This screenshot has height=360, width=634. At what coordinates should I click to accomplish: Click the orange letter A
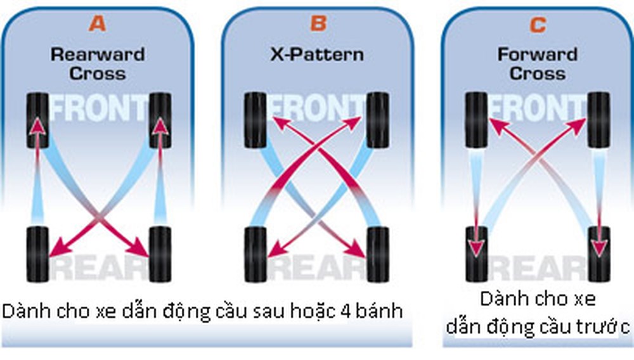pos(98,24)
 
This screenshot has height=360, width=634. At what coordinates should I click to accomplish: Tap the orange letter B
pos(318,24)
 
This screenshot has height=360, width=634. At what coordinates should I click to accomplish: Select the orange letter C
pos(537,25)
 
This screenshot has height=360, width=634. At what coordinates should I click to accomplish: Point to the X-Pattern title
pos(317,54)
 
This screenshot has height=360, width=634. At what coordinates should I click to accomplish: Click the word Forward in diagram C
pos(537,54)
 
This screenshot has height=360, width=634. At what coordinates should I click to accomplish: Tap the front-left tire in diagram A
pos(37,120)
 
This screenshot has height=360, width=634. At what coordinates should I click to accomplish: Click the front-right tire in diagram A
pos(159,120)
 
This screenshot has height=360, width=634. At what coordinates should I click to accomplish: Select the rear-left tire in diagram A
pos(37,254)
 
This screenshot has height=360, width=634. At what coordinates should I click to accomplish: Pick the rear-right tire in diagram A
pos(159,254)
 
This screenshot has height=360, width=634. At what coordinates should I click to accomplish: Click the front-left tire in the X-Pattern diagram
pos(256,120)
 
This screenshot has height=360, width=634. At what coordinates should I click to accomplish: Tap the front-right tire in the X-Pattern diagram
pos(378,120)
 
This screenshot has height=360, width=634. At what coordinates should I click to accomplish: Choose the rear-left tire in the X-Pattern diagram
pos(256,254)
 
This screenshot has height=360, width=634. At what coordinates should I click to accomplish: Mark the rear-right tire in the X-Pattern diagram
pos(378,254)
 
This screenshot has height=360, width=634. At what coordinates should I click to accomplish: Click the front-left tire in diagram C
pos(475,120)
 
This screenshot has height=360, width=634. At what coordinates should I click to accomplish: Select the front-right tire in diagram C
pos(598,120)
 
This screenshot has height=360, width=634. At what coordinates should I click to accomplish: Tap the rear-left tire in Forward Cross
pos(475,254)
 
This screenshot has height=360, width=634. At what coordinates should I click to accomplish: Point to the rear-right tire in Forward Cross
pos(598,254)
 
